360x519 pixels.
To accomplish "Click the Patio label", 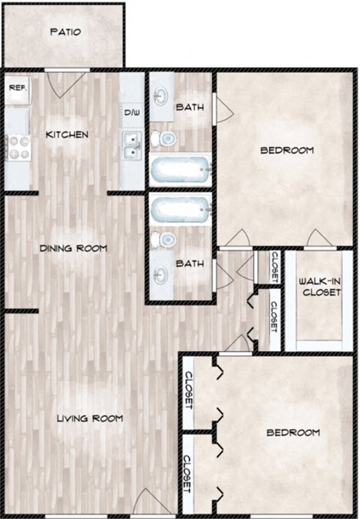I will click(64, 32).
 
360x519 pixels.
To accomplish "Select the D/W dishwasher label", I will click(132, 113).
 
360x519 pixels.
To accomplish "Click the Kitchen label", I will click(67, 135).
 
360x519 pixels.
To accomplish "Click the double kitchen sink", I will click(131, 145).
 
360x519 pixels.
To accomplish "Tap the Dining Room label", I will click(73, 248).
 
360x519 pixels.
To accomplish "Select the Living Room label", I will click(90, 418).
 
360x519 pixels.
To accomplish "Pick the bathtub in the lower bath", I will click(179, 209).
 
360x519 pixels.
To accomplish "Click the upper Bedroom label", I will click(286, 151).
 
